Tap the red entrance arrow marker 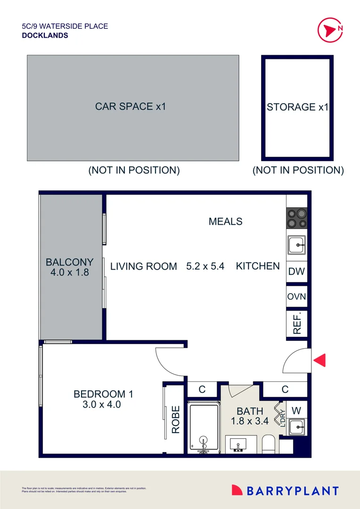click(x=319, y=360)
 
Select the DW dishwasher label click(x=296, y=271)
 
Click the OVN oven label click(x=296, y=297)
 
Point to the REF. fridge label click(x=297, y=323)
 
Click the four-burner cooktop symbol click(x=297, y=218)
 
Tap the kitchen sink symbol click(x=297, y=245)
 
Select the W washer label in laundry click(x=297, y=409)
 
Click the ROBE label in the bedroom click(x=176, y=419)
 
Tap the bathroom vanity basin click(x=240, y=444)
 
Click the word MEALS click(x=225, y=221)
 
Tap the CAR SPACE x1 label click(x=131, y=107)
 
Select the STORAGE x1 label click(x=297, y=107)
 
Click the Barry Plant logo click(x=285, y=491)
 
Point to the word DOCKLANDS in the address click(x=45, y=35)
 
